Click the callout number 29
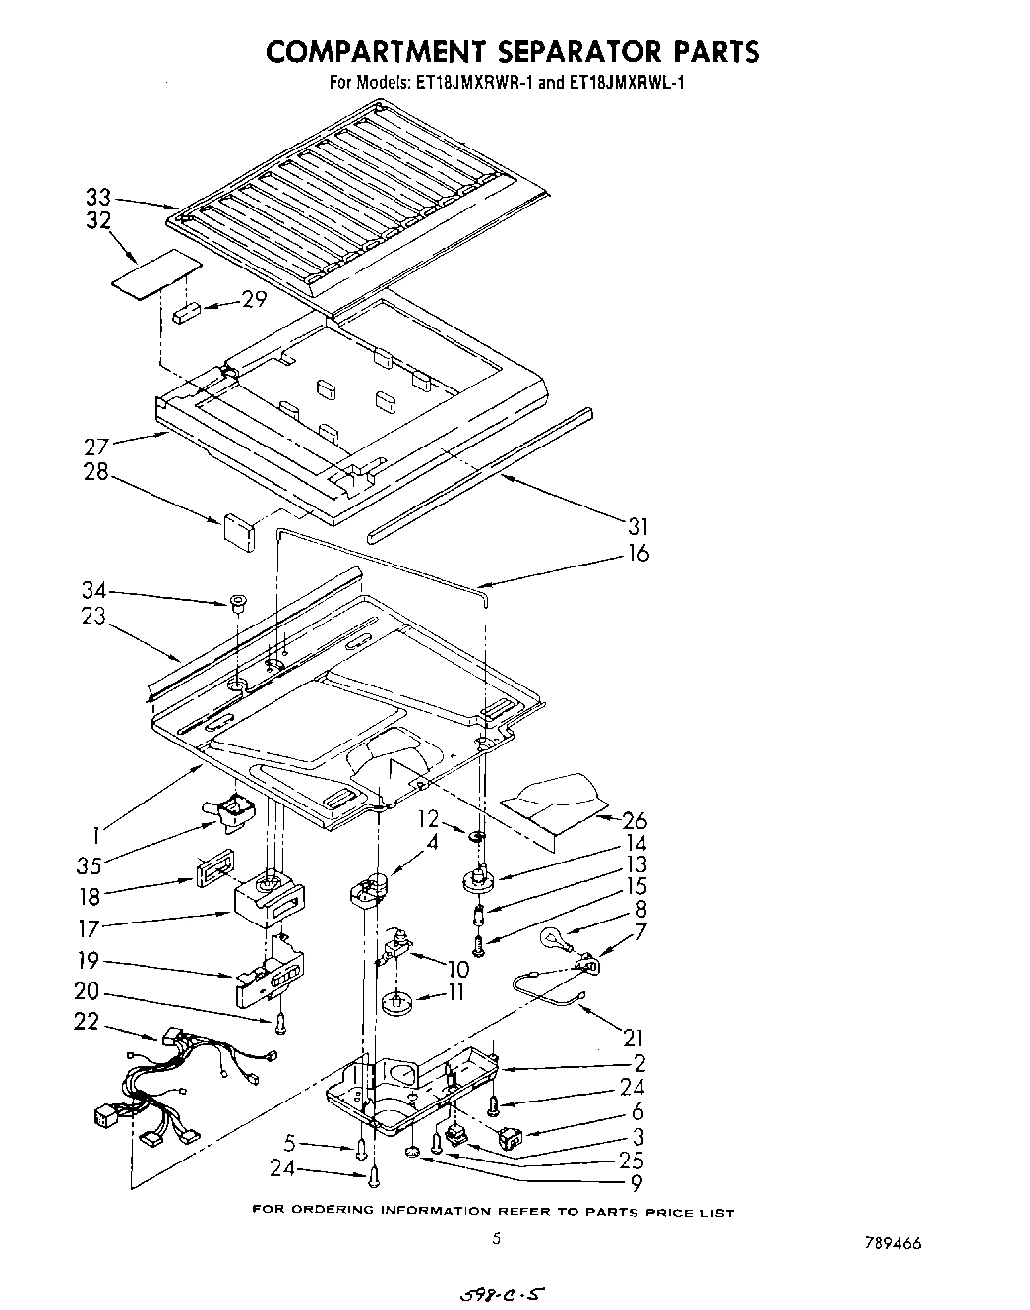[255, 300]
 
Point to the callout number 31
[637, 527]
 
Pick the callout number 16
[637, 554]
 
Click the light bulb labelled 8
[552, 941]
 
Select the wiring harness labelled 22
[187, 1082]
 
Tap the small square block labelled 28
[238, 528]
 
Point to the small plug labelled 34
[237, 602]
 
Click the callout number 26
[636, 820]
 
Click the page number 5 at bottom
[497, 1239]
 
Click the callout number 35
[91, 867]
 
